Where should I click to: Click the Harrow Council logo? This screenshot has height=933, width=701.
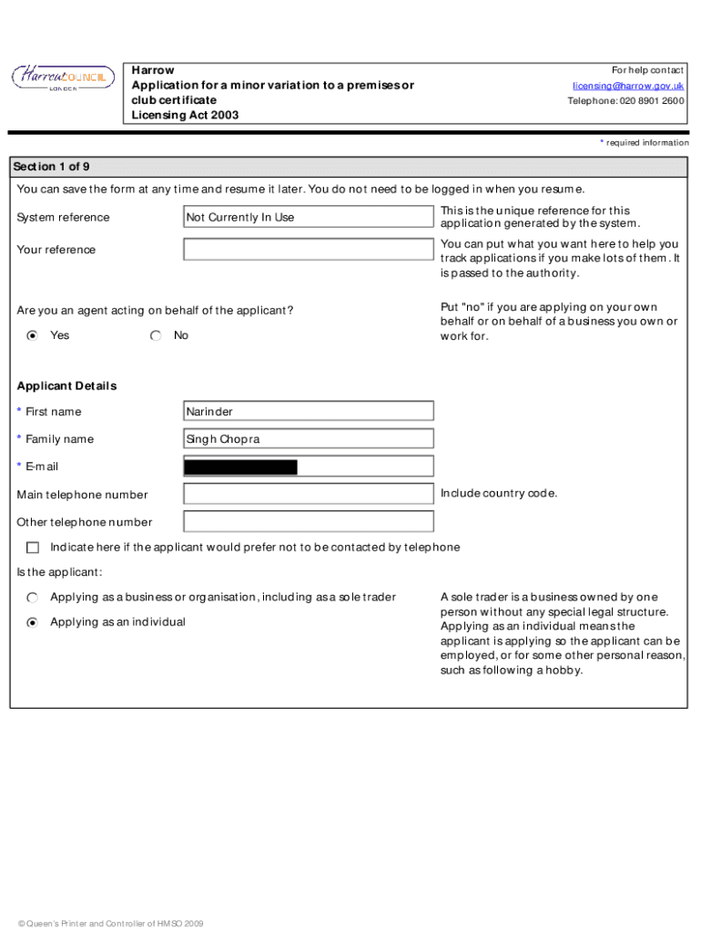click(63, 79)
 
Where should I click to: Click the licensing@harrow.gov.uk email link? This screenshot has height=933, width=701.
click(628, 86)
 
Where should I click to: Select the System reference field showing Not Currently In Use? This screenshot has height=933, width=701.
click(308, 217)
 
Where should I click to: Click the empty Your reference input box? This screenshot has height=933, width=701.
click(308, 250)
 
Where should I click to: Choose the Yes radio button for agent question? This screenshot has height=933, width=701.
click(33, 335)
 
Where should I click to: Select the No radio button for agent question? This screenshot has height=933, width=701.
click(156, 335)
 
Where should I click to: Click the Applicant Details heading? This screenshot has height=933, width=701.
click(66, 385)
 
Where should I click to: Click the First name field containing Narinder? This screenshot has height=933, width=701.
click(308, 412)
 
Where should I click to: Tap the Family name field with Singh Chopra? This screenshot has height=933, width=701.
click(308, 439)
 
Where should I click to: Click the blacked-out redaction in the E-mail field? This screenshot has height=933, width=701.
click(240, 467)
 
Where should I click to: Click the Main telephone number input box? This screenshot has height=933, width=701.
click(308, 495)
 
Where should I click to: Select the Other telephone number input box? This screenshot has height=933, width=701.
click(308, 522)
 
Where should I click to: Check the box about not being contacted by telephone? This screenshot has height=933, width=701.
click(33, 548)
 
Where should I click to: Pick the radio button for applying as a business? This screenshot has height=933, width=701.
click(33, 598)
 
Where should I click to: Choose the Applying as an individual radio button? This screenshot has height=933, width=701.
click(33, 622)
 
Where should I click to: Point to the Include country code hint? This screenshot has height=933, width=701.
click(498, 494)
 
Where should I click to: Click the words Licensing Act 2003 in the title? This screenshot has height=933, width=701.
click(185, 115)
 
